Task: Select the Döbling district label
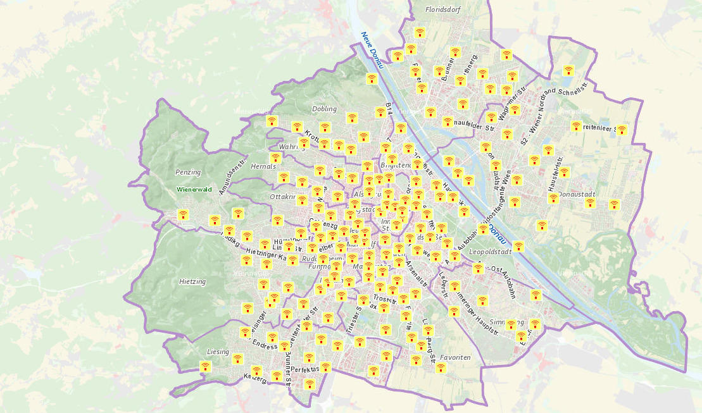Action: pyautogui.click(x=324, y=109)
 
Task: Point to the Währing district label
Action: pyautogui.click(x=292, y=147)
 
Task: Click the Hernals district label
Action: pyautogui.click(x=264, y=166)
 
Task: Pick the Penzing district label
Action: pyautogui.click(x=188, y=172)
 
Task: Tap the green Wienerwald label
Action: pyautogui.click(x=194, y=189)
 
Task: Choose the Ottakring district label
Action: pyautogui.click(x=283, y=197)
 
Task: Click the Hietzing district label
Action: pyautogui.click(x=192, y=281)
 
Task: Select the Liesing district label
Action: pyautogui.click(x=218, y=352)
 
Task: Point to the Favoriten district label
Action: pyautogui.click(x=455, y=357)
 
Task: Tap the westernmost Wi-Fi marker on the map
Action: pyautogui.click(x=183, y=214)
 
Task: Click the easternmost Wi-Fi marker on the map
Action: pyautogui.click(x=622, y=130)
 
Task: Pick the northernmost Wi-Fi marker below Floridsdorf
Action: pyautogui.click(x=419, y=32)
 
